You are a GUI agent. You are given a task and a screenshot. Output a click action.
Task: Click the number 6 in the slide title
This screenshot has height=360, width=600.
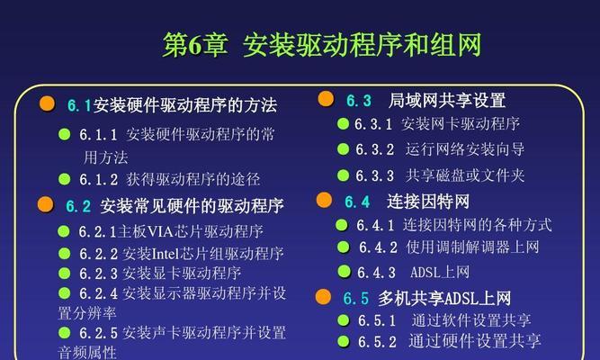(195, 45)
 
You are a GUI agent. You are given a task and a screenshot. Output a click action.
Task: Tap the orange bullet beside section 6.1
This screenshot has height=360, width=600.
(47, 103)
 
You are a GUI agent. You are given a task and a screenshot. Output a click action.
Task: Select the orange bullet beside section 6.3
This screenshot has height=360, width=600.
(326, 99)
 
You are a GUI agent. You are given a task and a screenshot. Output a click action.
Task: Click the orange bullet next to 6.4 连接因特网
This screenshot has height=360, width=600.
(324, 200)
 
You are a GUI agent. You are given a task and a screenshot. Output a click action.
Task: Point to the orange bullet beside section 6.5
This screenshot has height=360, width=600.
(323, 297)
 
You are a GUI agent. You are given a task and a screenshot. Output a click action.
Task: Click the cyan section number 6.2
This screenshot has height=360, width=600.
(78, 206)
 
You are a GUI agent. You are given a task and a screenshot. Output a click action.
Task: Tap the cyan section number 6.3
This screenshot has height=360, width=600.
(359, 101)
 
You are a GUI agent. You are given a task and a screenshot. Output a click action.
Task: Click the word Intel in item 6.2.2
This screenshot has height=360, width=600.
(166, 254)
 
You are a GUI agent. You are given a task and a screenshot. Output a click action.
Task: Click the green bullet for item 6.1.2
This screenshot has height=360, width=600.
(64, 179)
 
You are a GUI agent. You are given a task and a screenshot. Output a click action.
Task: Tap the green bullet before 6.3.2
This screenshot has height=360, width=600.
(344, 149)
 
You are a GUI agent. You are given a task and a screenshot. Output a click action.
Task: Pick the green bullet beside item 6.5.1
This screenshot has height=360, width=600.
(344, 319)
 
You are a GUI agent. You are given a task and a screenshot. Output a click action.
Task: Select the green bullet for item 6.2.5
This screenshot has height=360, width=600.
(64, 332)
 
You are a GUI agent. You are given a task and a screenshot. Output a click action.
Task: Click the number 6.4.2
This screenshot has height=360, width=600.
(378, 247)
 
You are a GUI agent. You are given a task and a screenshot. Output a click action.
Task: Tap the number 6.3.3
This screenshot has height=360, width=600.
(374, 175)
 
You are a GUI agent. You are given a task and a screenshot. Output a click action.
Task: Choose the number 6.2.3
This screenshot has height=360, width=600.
(98, 274)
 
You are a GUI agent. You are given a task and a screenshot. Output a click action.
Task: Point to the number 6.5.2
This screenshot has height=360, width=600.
(377, 342)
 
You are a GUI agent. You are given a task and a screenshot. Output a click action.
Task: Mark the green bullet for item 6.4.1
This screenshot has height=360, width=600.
(342, 225)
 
